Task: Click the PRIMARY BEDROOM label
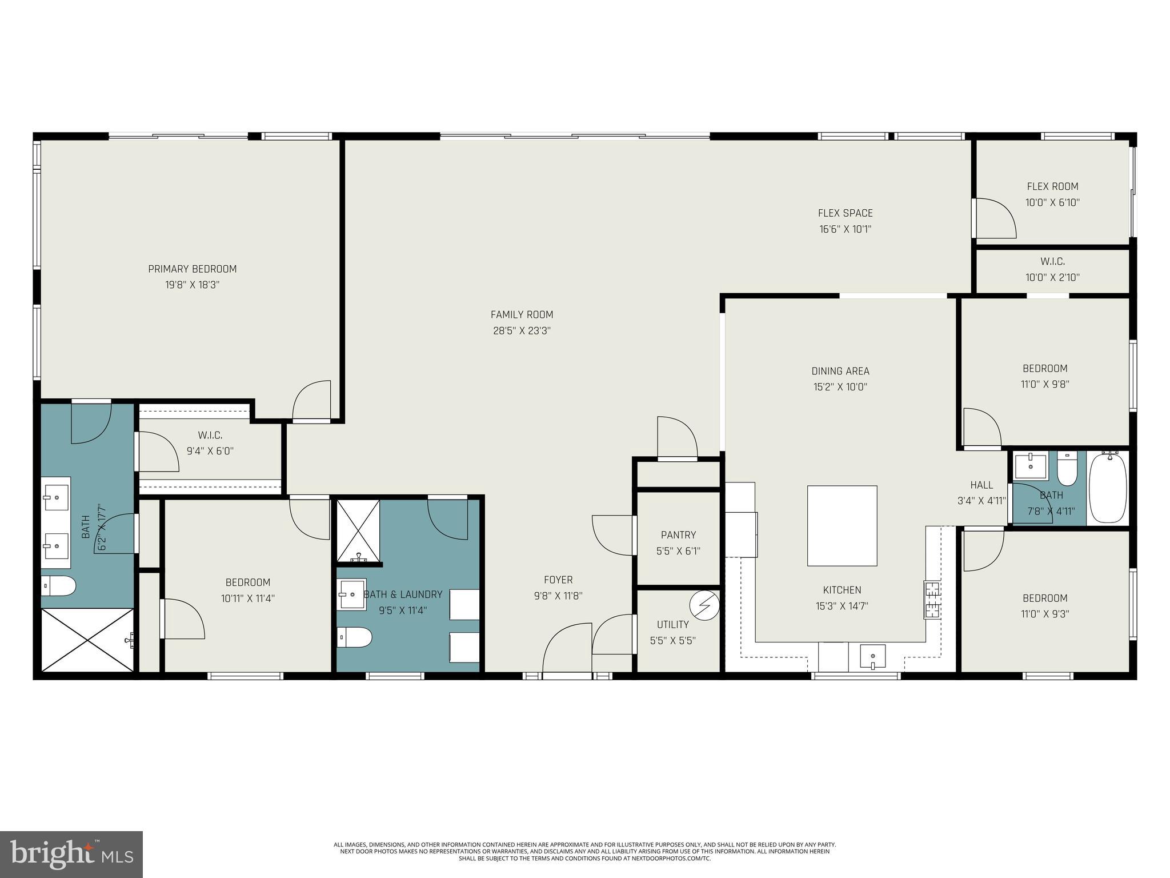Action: pos(192,269)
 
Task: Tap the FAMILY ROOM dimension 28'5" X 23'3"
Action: pos(522,330)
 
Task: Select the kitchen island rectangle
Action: pos(842,525)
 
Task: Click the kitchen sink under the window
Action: pos(872,656)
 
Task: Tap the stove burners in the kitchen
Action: pos(932,600)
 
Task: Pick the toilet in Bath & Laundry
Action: pos(354,637)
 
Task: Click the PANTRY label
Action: pos(678,535)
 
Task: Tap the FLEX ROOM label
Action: pos(1052,186)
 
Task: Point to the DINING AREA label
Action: pos(840,371)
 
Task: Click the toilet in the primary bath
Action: pos(59,585)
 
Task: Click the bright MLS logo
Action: pos(71,854)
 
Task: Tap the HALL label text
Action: pos(981,485)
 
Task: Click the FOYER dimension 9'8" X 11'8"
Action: pos(558,596)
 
